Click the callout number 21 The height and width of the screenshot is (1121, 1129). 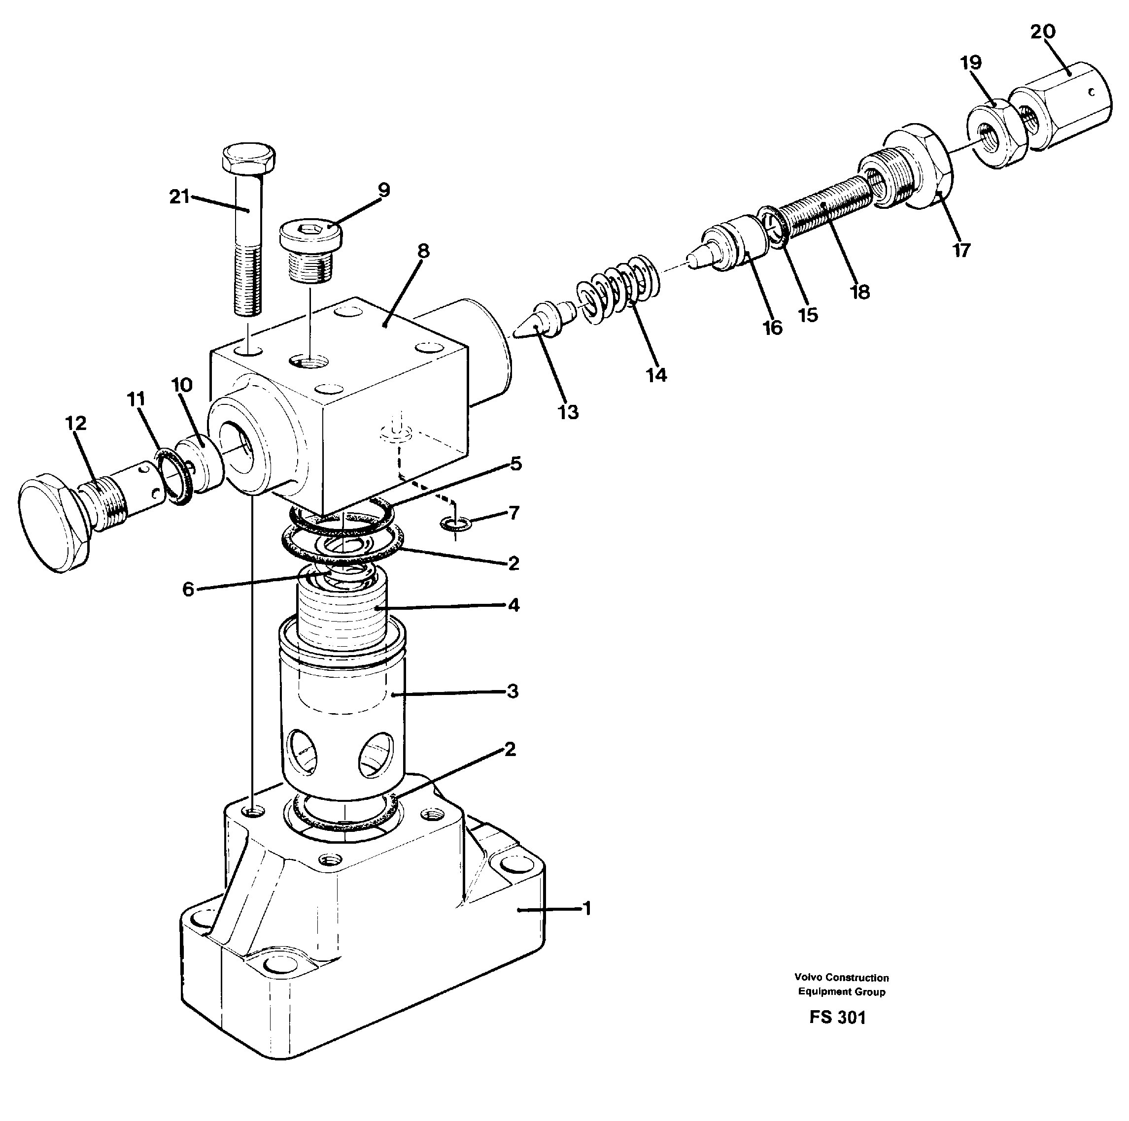coord(179,197)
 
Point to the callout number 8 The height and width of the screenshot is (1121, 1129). coord(423,251)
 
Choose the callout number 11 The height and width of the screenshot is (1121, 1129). coord(136,399)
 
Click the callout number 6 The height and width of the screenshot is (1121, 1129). coord(188,589)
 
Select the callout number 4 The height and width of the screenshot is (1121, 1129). coord(513,605)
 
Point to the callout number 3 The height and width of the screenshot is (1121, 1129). coord(512,692)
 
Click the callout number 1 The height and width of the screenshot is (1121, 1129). coord(587,908)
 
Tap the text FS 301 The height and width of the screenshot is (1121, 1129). coord(837,1018)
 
